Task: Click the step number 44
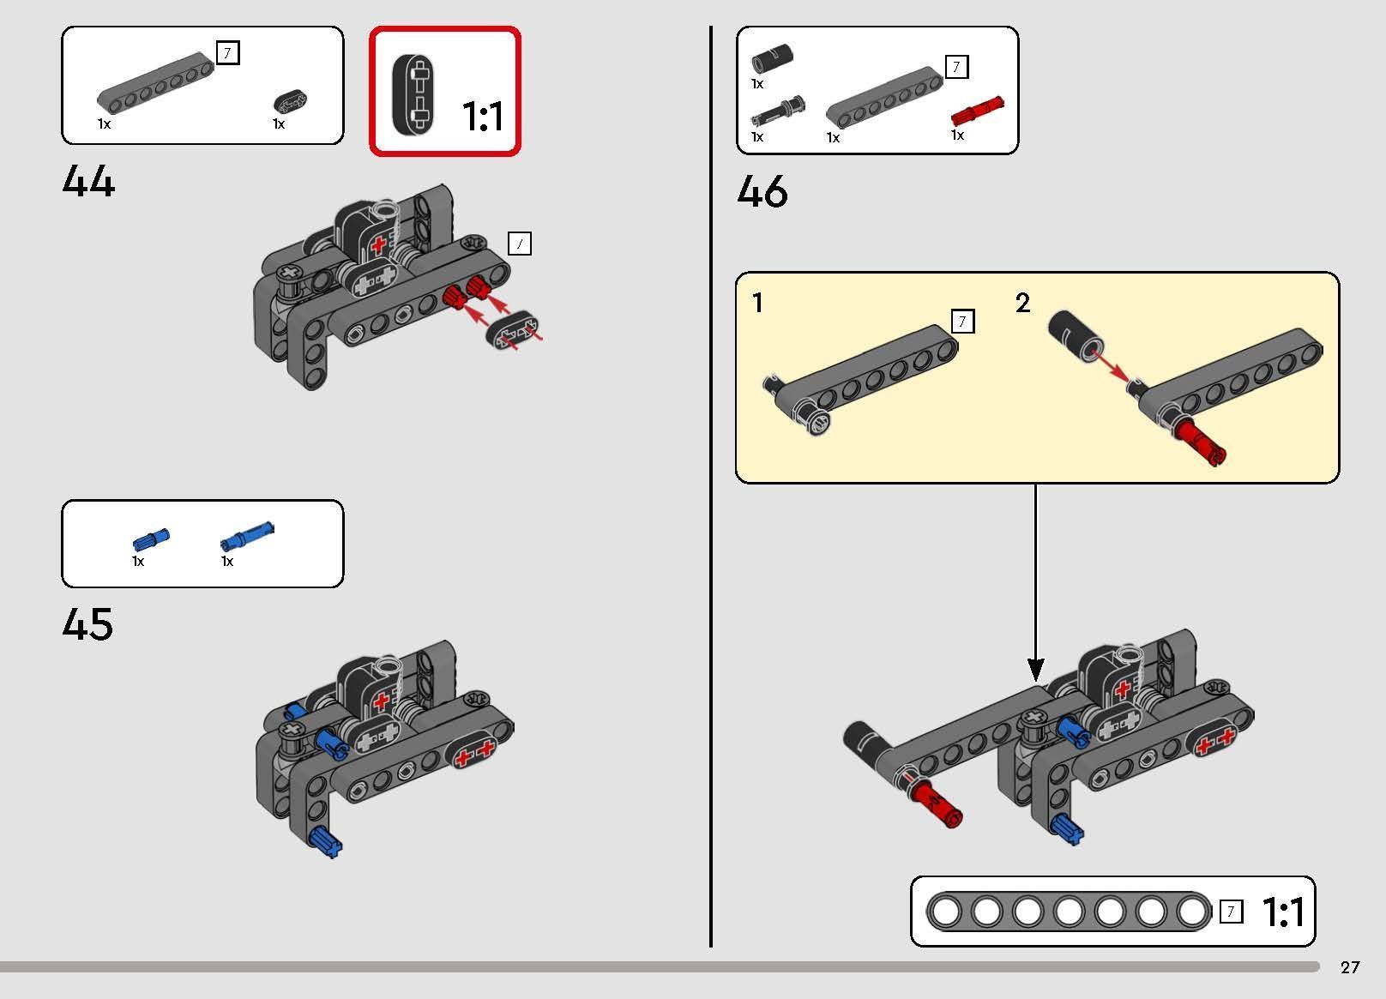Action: pos(88,181)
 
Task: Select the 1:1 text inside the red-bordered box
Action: pos(483,117)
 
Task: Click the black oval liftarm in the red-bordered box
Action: pos(413,94)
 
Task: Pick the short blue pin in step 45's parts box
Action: pos(151,539)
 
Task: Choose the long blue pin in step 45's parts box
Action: pos(247,536)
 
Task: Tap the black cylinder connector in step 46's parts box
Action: pos(772,59)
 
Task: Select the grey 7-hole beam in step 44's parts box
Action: pos(156,83)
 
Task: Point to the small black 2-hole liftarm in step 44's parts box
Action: pos(290,102)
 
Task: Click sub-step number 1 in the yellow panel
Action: pos(757,303)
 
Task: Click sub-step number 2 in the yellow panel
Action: pos(1023,303)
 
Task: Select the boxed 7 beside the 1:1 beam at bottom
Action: pos(1231,912)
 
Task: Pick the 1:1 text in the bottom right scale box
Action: pos(1283,912)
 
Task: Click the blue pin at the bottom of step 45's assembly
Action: pos(325,842)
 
